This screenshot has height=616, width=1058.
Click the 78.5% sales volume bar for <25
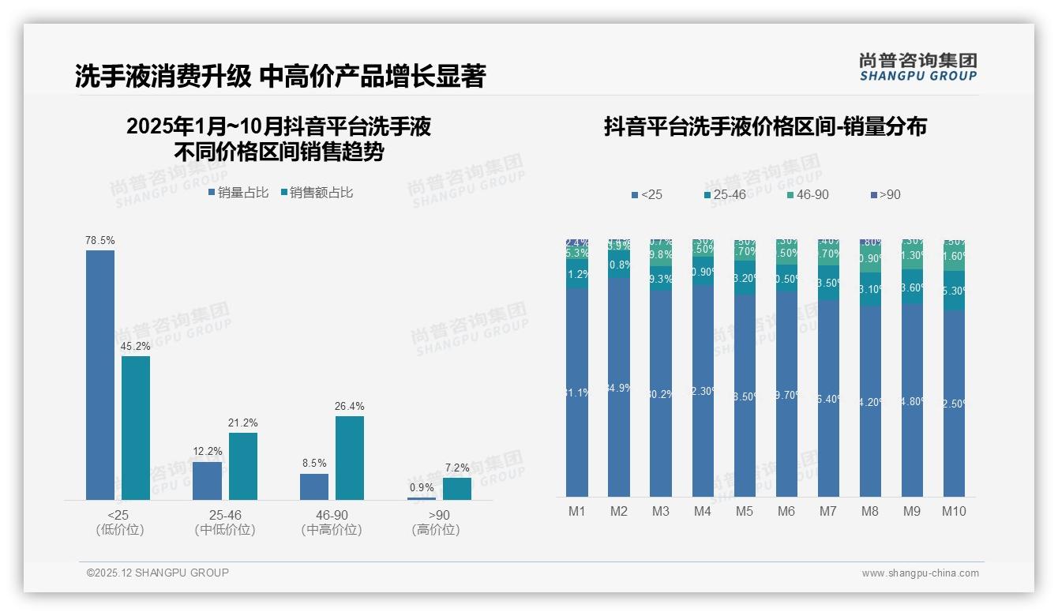pyautogui.click(x=100, y=374)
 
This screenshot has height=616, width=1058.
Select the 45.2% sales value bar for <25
pyautogui.click(x=136, y=427)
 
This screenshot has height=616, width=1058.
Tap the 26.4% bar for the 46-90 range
pyautogui.click(x=350, y=457)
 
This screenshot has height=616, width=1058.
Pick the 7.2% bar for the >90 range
pyautogui.click(x=456, y=488)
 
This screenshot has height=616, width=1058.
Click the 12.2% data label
pyautogui.click(x=208, y=451)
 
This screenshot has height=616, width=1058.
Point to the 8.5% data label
pyautogui.click(x=313, y=463)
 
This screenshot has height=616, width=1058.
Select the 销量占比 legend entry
pyautogui.click(x=238, y=192)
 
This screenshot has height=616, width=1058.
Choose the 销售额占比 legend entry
pyautogui.click(x=317, y=192)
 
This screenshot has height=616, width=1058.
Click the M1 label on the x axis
pyautogui.click(x=577, y=511)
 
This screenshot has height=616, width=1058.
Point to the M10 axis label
pyautogui.click(x=954, y=511)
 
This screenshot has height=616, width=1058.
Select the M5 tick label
pyautogui.click(x=745, y=511)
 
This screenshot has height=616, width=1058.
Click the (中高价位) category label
pyautogui.click(x=332, y=530)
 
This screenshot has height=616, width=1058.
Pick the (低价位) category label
pyautogui.click(x=119, y=530)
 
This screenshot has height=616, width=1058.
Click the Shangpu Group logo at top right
pyautogui.click(x=917, y=67)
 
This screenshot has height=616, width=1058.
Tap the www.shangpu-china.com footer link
pyautogui.click(x=920, y=573)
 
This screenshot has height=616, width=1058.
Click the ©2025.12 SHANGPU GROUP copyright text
pyautogui.click(x=158, y=573)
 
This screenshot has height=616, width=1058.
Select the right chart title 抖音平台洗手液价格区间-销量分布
pyautogui.click(x=765, y=126)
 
